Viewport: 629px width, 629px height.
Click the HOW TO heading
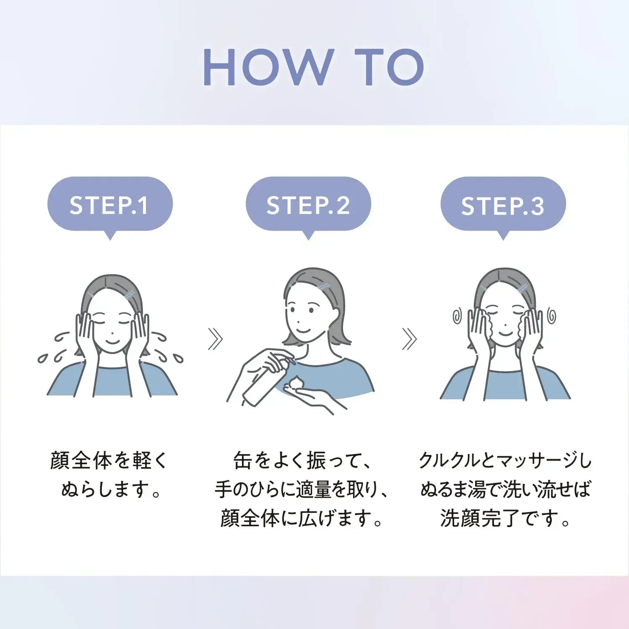click(x=314, y=67)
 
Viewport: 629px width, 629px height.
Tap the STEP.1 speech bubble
click(x=110, y=205)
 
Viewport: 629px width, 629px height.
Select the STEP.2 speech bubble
click(x=308, y=205)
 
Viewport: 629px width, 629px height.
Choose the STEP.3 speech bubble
click(x=503, y=205)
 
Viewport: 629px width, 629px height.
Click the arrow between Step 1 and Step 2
click(x=216, y=339)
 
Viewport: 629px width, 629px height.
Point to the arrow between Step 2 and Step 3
click(x=410, y=339)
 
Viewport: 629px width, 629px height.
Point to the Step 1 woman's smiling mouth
click(x=112, y=340)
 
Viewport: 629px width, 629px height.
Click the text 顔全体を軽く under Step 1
click(x=109, y=460)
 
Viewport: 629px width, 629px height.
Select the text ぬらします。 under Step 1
click(x=111, y=489)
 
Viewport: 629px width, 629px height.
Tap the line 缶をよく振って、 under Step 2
click(x=302, y=460)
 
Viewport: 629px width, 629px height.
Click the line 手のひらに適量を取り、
click(x=302, y=489)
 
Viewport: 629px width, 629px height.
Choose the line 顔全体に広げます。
click(x=302, y=518)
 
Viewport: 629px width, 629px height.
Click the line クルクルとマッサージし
click(x=505, y=460)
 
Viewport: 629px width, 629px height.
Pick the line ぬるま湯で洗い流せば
click(x=505, y=489)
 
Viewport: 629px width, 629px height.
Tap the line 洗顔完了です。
click(x=505, y=518)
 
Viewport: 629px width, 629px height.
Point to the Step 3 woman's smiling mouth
click(x=505, y=334)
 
